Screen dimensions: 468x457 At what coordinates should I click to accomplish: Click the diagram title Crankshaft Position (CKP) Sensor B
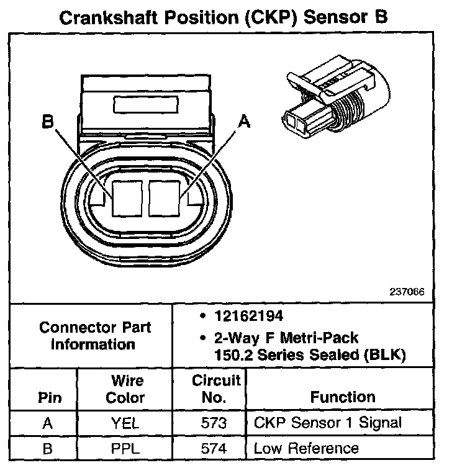(223, 17)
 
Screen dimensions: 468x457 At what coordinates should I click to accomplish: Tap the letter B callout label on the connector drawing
(48, 122)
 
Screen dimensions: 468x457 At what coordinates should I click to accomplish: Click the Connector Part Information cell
(94, 335)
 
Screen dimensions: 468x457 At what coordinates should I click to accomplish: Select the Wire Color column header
(127, 389)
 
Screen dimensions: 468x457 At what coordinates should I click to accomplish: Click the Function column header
(343, 397)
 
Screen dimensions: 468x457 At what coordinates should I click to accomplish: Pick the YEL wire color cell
(127, 424)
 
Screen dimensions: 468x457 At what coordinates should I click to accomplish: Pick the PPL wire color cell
(127, 448)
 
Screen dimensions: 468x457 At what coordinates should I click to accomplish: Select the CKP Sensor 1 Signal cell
(328, 423)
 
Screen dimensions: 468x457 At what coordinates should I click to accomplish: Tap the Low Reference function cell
(306, 448)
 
